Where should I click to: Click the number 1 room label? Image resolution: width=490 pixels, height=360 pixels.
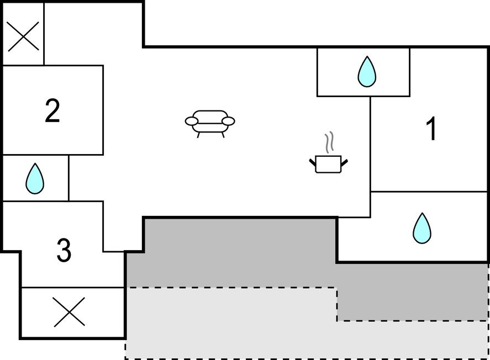pyautogui.click(x=431, y=128)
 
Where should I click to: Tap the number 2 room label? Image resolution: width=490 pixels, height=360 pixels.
pyautogui.click(x=52, y=110)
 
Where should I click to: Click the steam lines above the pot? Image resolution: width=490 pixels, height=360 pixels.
pyautogui.click(x=329, y=142)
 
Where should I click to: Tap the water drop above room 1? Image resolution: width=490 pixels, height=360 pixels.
pyautogui.click(x=367, y=72)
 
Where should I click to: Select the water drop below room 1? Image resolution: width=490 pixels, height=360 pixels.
pyautogui.click(x=422, y=228)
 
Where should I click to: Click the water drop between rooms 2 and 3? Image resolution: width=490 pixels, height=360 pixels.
pyautogui.click(x=35, y=178)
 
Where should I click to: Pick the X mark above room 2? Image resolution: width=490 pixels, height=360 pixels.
pyautogui.click(x=23, y=36)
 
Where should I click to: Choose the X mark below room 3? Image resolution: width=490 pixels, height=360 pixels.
pyautogui.click(x=69, y=311)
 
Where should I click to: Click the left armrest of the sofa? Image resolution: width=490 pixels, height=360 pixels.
pyautogui.click(x=192, y=121)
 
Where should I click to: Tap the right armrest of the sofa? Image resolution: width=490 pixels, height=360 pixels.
pyautogui.click(x=229, y=121)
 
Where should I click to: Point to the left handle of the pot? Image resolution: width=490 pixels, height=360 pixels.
pyautogui.click(x=313, y=162)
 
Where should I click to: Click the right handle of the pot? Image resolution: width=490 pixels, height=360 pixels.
pyautogui.click(x=344, y=162)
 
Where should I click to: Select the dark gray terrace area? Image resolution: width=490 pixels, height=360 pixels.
pyautogui.click(x=238, y=253)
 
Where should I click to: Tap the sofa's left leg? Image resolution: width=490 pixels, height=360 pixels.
pyautogui.click(x=198, y=135)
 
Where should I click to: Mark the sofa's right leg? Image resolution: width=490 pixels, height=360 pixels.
pyautogui.click(x=223, y=135)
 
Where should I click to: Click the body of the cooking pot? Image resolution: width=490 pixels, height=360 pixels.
pyautogui.click(x=329, y=164)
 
